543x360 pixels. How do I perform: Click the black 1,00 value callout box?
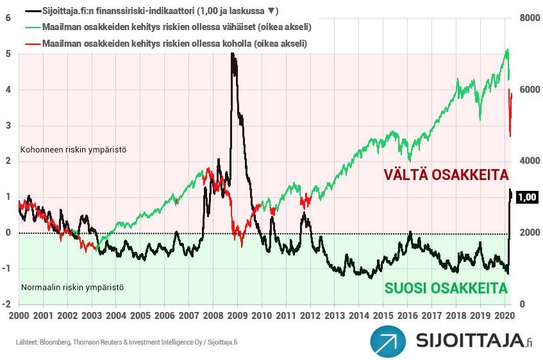pyautogui.click(x=526, y=197)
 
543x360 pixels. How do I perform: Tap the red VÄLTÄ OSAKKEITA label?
pyautogui.click(x=446, y=175)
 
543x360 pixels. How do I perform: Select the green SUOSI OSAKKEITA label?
pyautogui.click(x=446, y=288)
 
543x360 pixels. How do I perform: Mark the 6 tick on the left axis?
pyautogui.click(x=8, y=18)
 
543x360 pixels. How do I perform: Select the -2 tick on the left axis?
pyautogui.click(x=6, y=304)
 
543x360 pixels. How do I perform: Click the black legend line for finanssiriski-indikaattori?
pyautogui.click(x=31, y=12)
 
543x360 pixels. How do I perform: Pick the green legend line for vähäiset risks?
pyautogui.click(x=31, y=28)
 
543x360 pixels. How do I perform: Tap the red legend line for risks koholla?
pyautogui.click(x=31, y=44)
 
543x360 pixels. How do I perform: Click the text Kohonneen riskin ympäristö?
pyautogui.click(x=74, y=149)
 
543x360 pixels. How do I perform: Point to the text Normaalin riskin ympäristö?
pyautogui.click(x=72, y=287)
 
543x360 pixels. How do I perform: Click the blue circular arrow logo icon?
pyautogui.click(x=388, y=341)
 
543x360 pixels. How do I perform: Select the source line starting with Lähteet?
pyautogui.click(x=127, y=342)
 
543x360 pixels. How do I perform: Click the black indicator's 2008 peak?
pyautogui.click(x=231, y=55)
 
